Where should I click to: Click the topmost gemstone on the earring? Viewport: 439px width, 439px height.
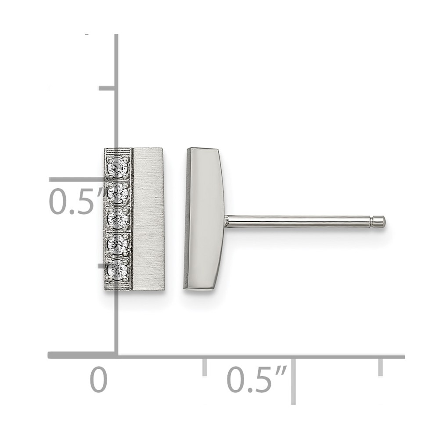pos(118,167)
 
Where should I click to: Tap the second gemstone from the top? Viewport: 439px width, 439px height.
pos(118,192)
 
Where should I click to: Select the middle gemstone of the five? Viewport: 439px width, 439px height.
pos(118,218)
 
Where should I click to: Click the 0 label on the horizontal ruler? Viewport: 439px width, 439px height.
pos(98,380)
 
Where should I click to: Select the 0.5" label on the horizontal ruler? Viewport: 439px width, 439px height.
pos(257,380)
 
